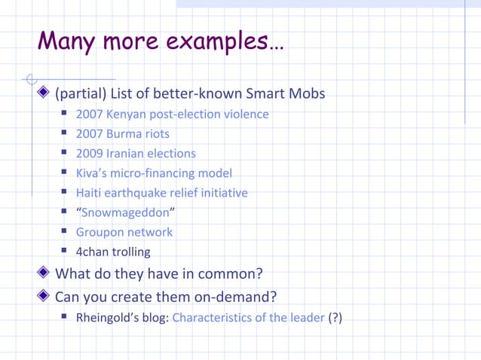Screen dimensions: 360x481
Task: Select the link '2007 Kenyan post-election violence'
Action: coord(172,114)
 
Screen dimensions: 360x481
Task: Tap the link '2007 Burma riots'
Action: coord(123,134)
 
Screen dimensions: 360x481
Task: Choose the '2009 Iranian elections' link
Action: coord(136,154)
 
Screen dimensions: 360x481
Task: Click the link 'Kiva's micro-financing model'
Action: coord(154,173)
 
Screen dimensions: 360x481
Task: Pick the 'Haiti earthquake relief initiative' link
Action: coord(162,193)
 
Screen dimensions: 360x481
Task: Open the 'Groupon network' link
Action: coord(124,232)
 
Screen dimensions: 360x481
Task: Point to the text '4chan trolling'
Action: coord(113,252)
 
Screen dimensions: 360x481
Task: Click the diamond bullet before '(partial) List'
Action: coord(44,94)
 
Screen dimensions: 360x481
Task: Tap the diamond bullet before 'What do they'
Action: coord(44,273)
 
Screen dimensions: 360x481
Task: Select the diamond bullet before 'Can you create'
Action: coord(44,296)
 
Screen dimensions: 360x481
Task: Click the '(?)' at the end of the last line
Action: coord(335,317)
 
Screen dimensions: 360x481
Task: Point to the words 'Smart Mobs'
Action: coord(290,94)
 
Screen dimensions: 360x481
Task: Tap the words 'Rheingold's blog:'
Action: coord(123,317)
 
